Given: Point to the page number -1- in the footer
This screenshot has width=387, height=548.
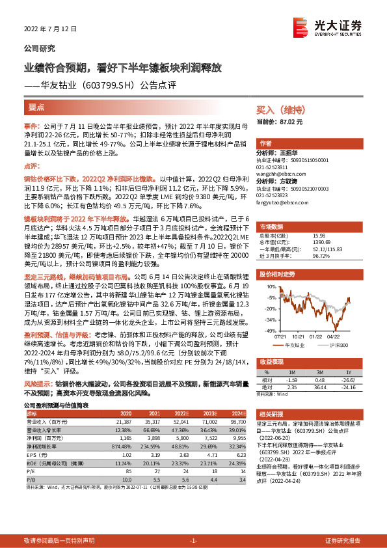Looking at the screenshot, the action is pyautogui.click(x=193, y=541).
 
